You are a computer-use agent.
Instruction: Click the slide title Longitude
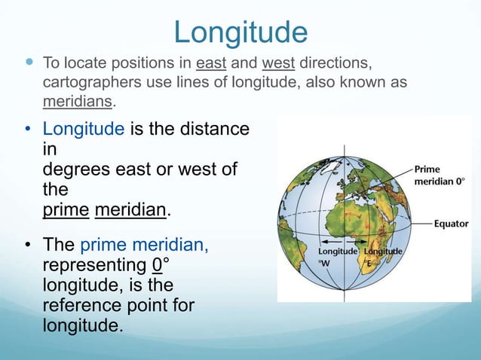(x=240, y=32)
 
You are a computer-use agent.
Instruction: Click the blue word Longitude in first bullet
(x=83, y=130)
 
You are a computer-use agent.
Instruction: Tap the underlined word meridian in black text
(x=129, y=209)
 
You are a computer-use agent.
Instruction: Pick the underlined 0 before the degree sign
(x=156, y=266)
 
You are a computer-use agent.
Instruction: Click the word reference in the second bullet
(x=84, y=305)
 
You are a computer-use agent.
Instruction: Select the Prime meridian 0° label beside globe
(x=439, y=176)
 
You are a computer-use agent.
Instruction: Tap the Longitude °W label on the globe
(x=337, y=256)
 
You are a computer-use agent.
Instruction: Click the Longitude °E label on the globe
(x=382, y=256)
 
